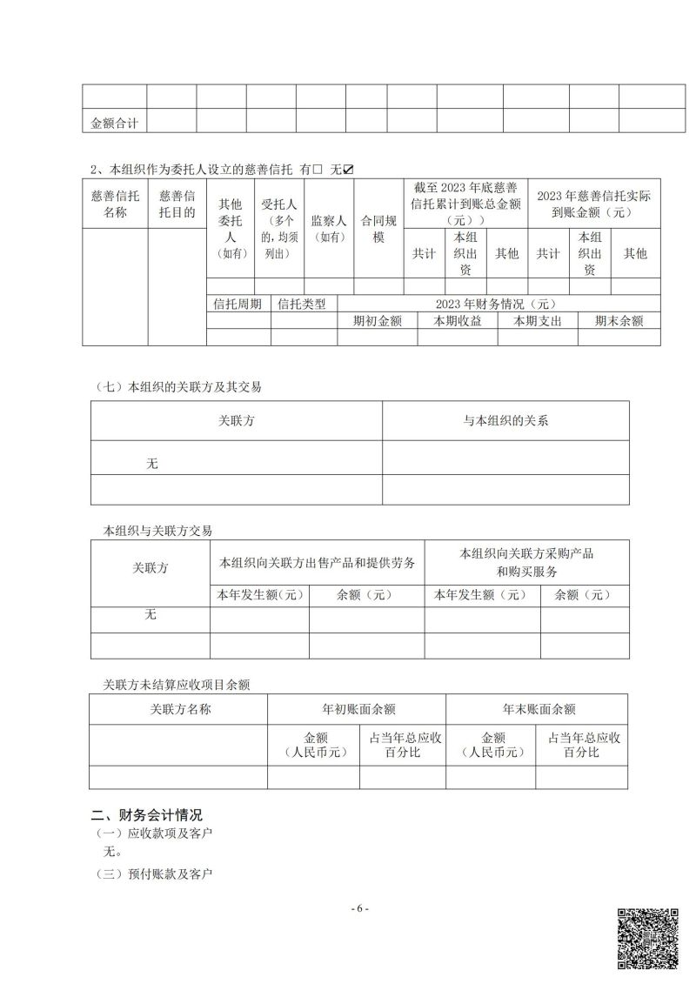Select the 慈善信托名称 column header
[115, 204]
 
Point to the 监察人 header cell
[329, 221]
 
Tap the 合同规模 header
[378, 229]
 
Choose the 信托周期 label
[238, 304]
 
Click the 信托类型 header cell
[302, 304]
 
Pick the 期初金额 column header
[378, 321]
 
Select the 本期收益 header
[457, 321]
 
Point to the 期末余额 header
[619, 321]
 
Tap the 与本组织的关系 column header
[505, 421]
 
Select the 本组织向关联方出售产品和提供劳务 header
[318, 562]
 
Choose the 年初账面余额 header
[358, 709]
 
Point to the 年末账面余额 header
[539, 709]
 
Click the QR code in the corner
[647, 937]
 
